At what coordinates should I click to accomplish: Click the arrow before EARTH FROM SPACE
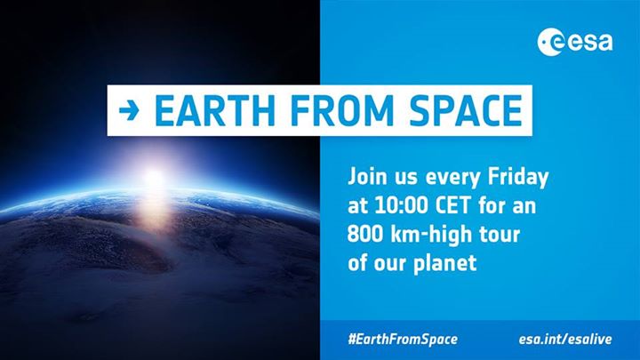pos(131,112)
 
